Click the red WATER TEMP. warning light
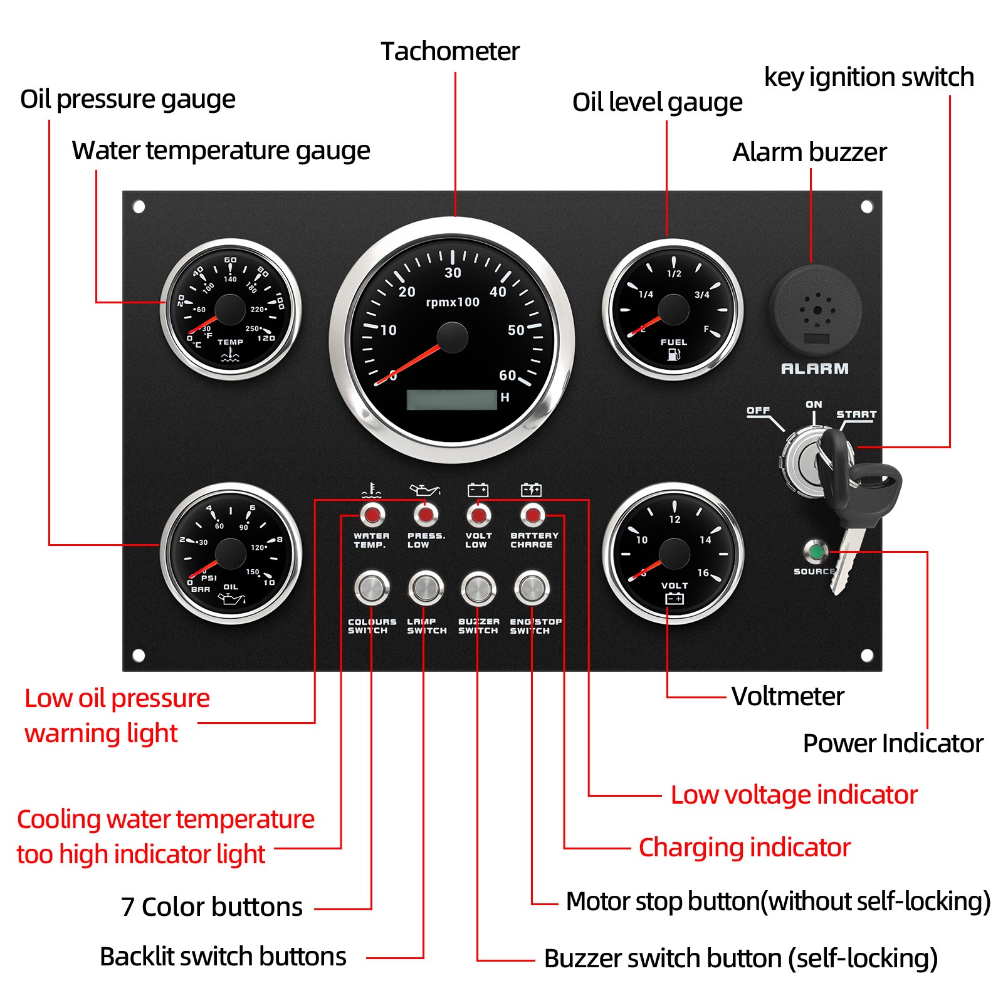point(372,515)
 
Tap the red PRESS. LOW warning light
point(426,515)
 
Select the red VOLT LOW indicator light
point(478,515)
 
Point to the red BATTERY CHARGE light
point(532,515)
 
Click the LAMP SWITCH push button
point(426,588)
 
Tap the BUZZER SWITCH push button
point(478,588)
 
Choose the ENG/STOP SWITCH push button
point(532,588)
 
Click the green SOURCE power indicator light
point(816,552)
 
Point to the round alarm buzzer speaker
point(815,310)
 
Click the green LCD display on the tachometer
point(451,399)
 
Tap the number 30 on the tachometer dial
point(453,273)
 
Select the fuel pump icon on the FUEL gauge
point(674,355)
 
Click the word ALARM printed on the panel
point(814,369)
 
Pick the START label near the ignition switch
point(856,414)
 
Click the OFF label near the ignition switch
point(758,410)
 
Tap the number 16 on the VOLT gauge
point(703,573)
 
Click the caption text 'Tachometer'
point(450,51)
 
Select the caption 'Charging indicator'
point(744,847)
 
